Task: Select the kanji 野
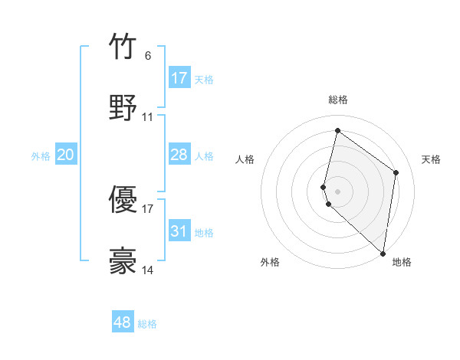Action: coord(123,107)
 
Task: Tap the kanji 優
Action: coord(123,200)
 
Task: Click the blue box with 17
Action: coord(179,78)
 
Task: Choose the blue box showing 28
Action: coord(179,155)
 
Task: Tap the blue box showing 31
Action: coord(179,231)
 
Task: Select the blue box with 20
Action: coord(66,155)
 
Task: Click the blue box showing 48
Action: coord(123,322)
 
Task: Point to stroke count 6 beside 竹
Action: coord(147,55)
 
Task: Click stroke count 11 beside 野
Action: coord(148,117)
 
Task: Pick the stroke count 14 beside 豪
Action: coord(148,270)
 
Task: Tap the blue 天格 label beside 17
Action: coord(204,79)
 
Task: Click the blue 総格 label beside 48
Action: coord(147,324)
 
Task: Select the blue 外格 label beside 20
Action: coord(41,156)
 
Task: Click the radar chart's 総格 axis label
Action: coord(338,100)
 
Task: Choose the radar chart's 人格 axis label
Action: coord(245,159)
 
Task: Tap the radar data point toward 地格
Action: coord(383,254)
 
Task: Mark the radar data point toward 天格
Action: coord(396,172)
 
